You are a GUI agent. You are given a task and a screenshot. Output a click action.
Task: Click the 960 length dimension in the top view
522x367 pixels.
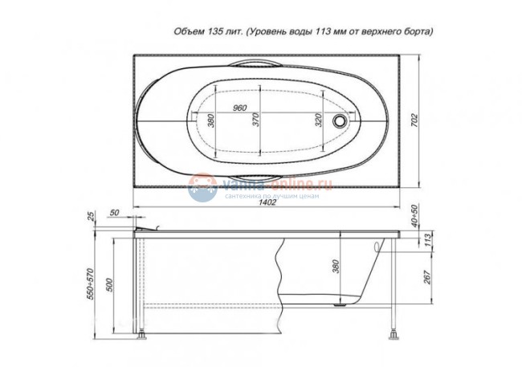coord(239,107)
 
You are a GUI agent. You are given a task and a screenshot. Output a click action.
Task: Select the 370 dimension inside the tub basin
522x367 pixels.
coord(254,121)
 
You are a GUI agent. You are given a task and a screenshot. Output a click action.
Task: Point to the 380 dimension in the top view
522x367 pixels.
coord(210,121)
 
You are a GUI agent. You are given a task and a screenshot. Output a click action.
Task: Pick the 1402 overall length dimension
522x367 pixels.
coord(267,202)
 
